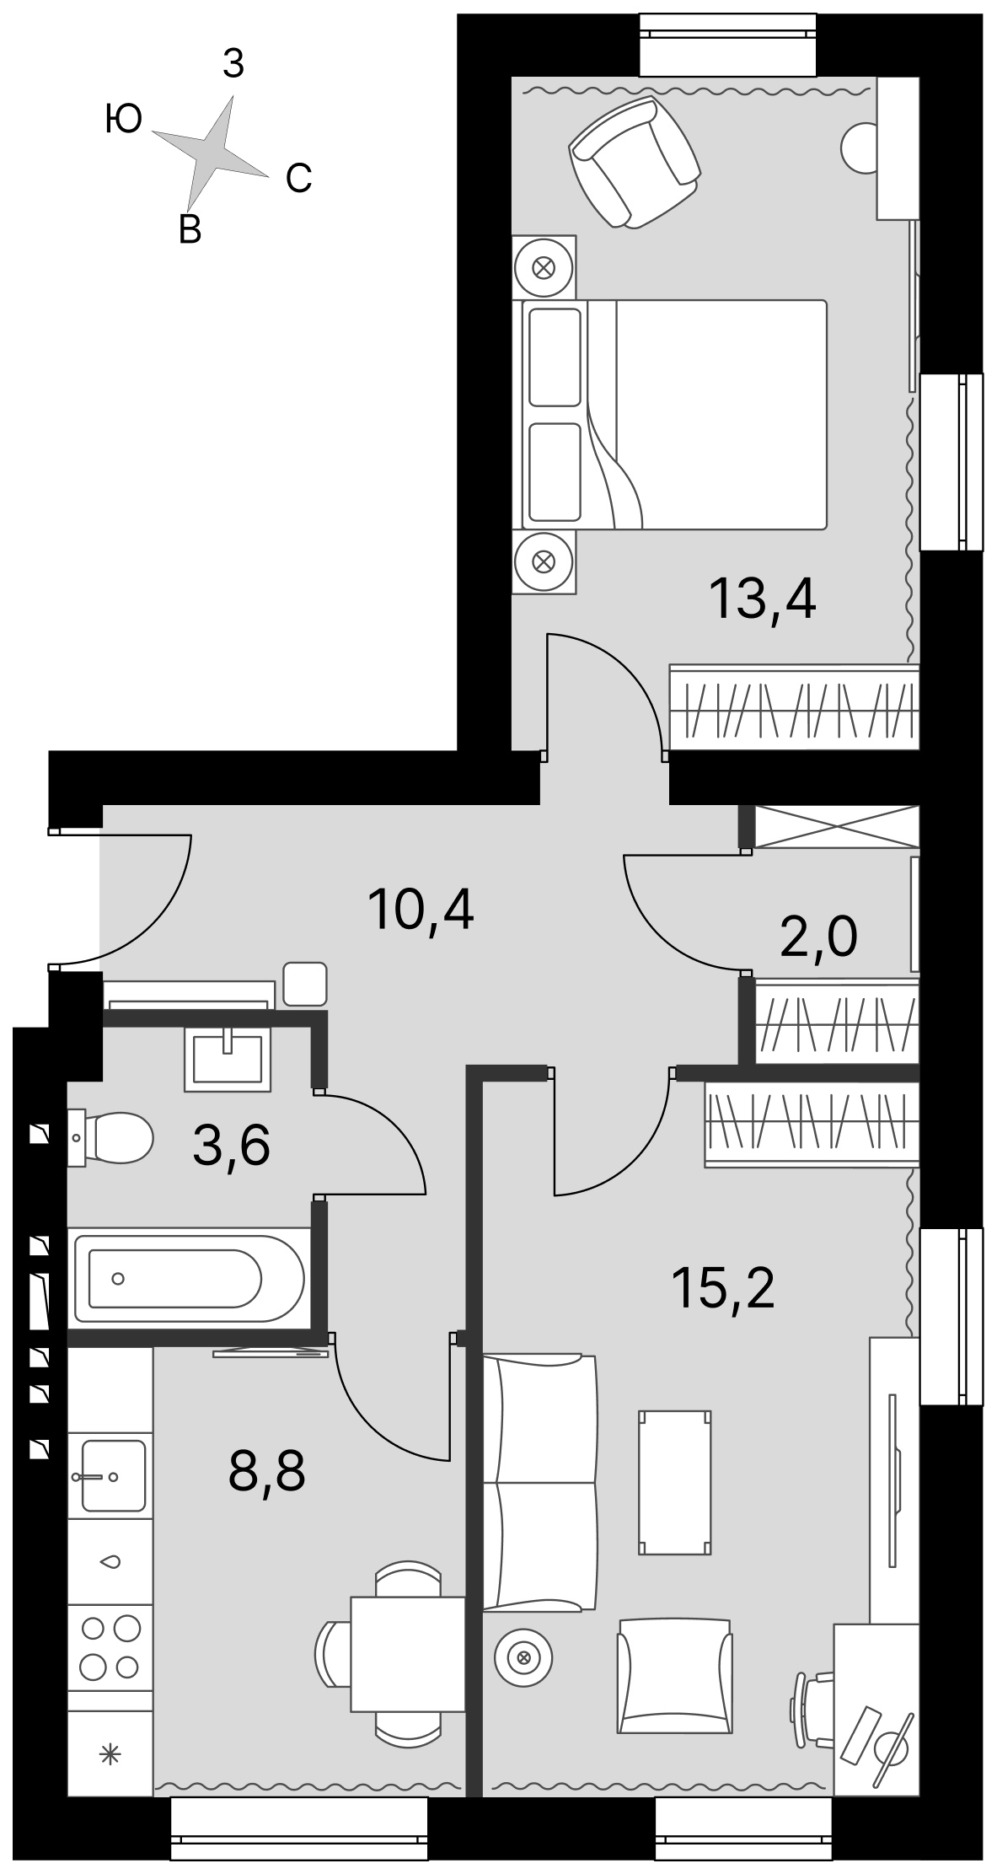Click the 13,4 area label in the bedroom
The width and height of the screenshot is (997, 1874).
(x=763, y=599)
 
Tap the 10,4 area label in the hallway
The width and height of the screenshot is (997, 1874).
(x=421, y=909)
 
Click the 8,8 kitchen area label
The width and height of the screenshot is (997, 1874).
(x=266, y=1471)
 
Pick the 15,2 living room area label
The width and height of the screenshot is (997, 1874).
(x=722, y=1287)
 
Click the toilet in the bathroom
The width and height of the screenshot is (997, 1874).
(x=110, y=1138)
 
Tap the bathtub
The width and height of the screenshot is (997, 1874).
(x=187, y=1279)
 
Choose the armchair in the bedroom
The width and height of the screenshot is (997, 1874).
(x=635, y=160)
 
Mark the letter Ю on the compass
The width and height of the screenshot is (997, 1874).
(x=124, y=120)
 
